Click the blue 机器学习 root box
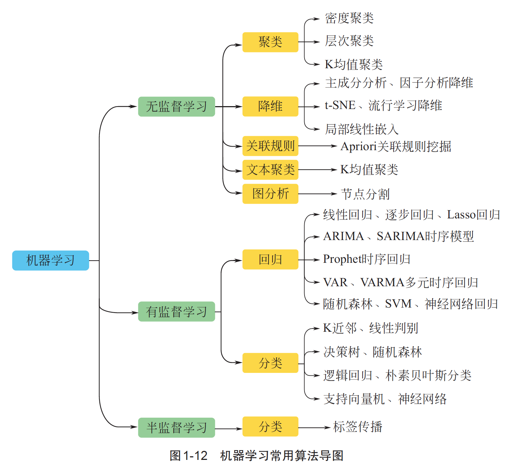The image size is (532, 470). (x=50, y=260)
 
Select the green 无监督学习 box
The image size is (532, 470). (x=176, y=106)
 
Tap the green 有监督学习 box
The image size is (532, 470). (x=176, y=312)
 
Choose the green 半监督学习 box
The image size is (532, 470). (x=176, y=428)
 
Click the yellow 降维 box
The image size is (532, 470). (x=270, y=106)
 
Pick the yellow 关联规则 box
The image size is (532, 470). (x=270, y=146)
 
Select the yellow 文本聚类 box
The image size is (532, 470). (x=270, y=170)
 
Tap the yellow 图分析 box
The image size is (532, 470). (x=270, y=194)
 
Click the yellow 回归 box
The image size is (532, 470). (x=270, y=260)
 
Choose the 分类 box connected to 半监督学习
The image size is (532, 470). (x=270, y=427)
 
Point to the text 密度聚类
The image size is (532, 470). (x=349, y=18)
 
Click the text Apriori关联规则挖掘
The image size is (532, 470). (x=396, y=146)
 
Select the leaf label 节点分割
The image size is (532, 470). (x=365, y=194)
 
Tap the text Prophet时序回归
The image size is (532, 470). (x=367, y=259)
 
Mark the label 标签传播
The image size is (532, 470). (x=358, y=427)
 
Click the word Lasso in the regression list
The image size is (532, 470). (x=461, y=215)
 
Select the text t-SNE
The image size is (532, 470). (x=340, y=105)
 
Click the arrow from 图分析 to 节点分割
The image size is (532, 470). (x=317, y=194)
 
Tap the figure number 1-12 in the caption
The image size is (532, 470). (x=195, y=456)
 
